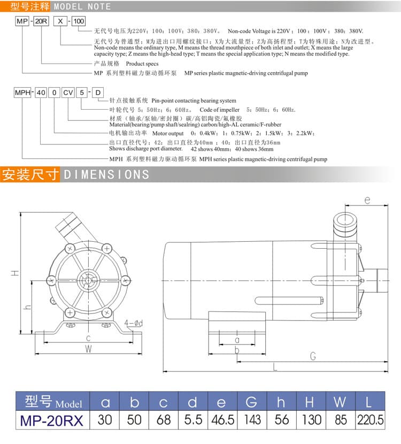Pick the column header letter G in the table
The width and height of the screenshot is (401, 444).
coord(251,402)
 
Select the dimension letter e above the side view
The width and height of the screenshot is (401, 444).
coord(367,200)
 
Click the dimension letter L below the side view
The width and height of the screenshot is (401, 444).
coord(275,366)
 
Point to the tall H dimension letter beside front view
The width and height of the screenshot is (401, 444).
coord(16,273)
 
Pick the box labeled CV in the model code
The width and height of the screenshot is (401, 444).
coord(68,93)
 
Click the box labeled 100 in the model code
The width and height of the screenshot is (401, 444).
coord(78,21)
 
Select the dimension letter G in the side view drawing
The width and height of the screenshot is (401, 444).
coord(313,355)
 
